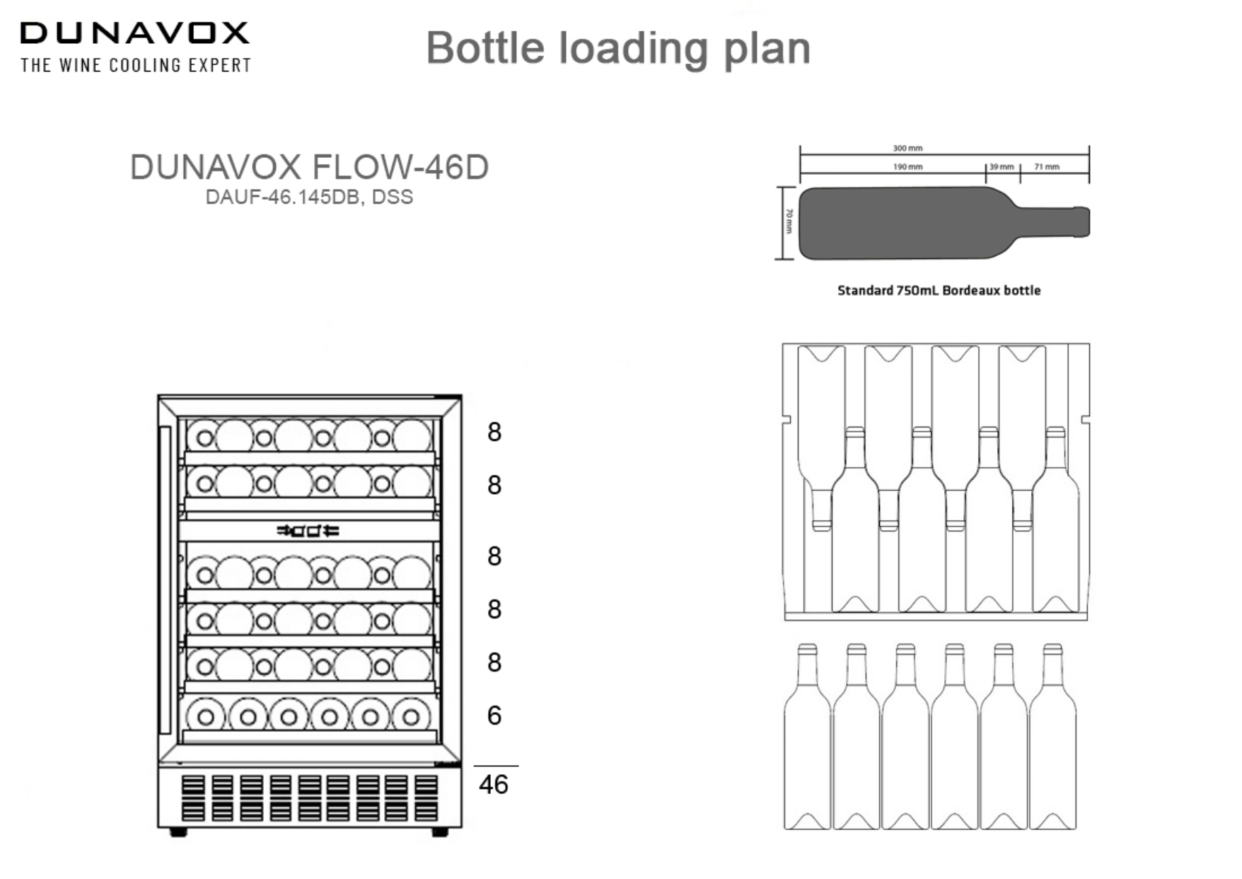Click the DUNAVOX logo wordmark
134,33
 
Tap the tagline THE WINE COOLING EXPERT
136,66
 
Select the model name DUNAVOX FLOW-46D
309,168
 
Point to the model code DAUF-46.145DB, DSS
309,197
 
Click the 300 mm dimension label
907,148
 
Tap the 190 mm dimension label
907,167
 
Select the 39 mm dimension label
1002,167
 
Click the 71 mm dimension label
1047,167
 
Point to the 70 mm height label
789,222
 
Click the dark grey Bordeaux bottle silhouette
919,223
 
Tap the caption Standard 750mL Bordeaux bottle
939,290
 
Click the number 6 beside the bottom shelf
494,716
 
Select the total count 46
493,784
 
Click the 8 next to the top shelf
494,432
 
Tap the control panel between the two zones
308,530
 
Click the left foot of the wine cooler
178,832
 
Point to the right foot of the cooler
440,832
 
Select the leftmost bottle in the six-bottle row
807,740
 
